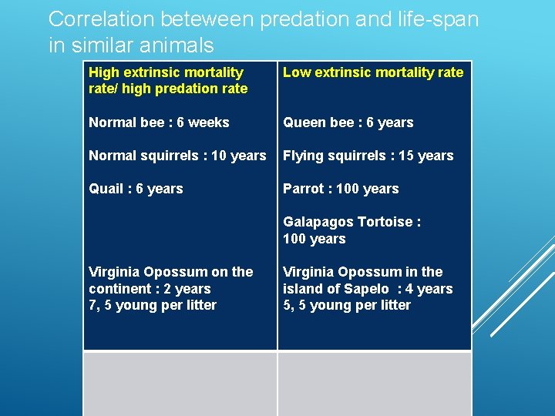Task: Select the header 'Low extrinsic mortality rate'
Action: click(x=373, y=72)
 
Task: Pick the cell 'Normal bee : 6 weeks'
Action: click(x=159, y=122)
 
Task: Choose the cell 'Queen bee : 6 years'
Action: click(x=348, y=122)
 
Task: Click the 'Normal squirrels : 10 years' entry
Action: click(x=177, y=156)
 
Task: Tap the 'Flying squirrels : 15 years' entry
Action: click(x=368, y=156)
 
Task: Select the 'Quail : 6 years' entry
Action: click(x=136, y=189)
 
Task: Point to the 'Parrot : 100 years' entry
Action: click(x=341, y=189)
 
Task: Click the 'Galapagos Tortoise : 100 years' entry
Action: click(x=351, y=230)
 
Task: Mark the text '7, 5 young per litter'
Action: click(x=153, y=305)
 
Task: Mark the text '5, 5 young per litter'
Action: click(x=347, y=305)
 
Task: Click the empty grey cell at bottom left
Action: click(x=180, y=384)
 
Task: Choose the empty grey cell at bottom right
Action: click(x=375, y=384)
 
